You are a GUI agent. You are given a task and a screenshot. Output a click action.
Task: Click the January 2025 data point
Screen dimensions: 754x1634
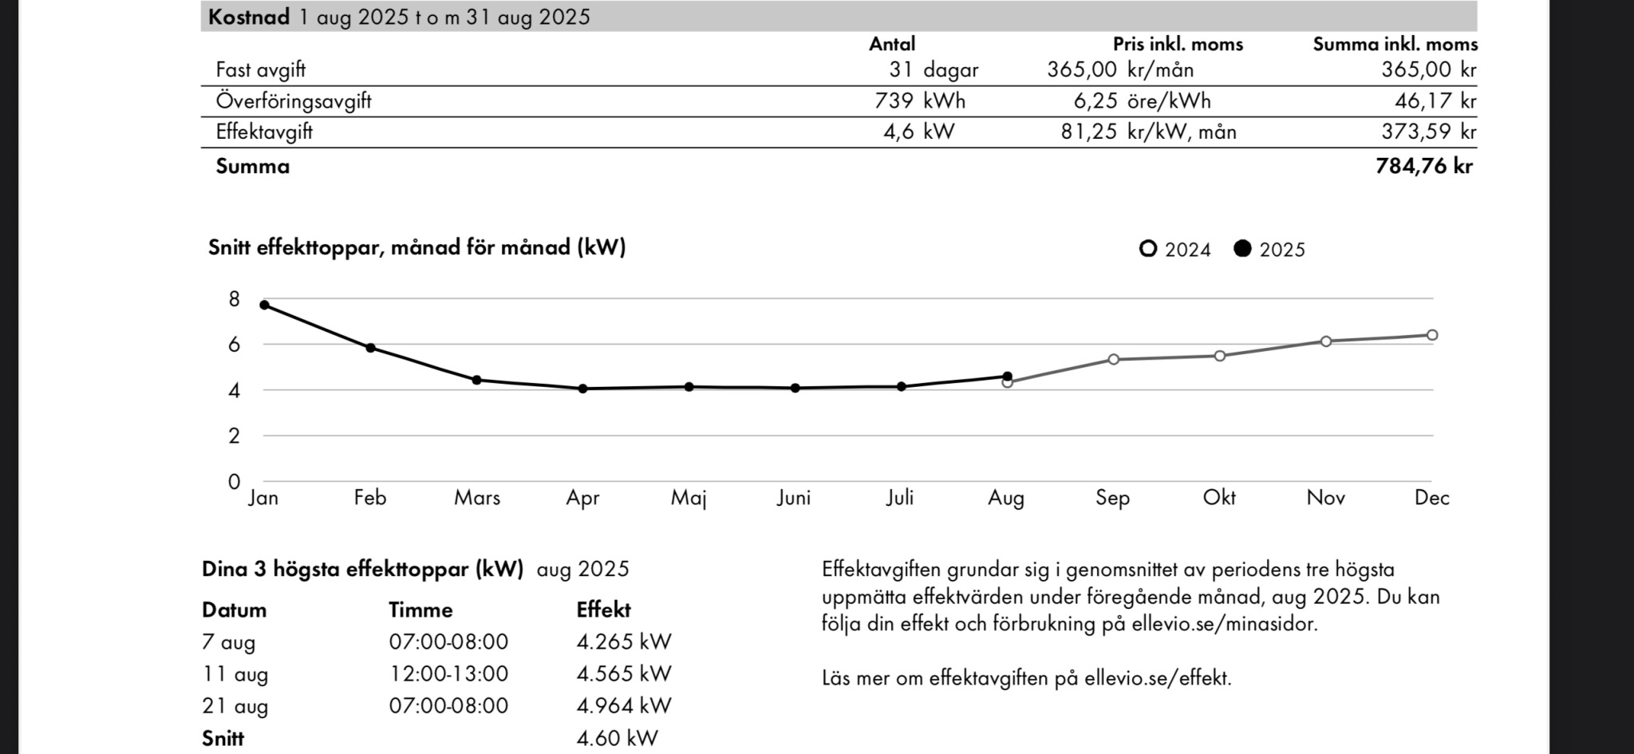[264, 305]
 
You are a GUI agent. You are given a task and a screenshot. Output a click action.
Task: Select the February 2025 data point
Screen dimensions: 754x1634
[370, 348]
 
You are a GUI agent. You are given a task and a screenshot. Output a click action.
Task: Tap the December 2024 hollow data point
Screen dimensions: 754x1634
[1432, 335]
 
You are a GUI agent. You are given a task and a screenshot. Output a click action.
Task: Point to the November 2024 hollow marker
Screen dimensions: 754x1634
[1326, 341]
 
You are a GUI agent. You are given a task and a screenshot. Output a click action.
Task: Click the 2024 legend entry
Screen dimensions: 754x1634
[1175, 250]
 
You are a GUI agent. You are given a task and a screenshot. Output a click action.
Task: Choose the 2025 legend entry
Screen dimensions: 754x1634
[1269, 250]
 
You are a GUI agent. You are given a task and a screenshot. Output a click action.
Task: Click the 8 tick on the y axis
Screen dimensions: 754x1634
[234, 299]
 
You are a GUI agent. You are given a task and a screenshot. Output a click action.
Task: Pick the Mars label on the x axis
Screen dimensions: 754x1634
[477, 498]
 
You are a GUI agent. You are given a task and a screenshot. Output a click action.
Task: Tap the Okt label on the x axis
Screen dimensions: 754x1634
[1219, 498]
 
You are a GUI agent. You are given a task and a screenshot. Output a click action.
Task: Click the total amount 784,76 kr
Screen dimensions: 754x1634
[1424, 166]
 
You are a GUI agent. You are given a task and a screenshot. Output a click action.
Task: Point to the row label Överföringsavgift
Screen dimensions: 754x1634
[294, 101]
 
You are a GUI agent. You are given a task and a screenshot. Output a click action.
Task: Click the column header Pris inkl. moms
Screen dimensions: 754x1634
[1178, 44]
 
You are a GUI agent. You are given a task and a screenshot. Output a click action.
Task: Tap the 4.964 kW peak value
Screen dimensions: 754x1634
[624, 706]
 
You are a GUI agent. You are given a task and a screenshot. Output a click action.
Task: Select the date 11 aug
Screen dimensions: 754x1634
[235, 674]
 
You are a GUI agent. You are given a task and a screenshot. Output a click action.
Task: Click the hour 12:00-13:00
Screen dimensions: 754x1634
[448, 674]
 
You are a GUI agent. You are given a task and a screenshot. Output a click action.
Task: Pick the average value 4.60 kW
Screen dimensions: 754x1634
[617, 738]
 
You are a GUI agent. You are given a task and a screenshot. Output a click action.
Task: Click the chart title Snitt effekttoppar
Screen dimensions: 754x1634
[416, 247]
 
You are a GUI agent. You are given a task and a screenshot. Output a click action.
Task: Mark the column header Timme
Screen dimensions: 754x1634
[420, 610]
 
